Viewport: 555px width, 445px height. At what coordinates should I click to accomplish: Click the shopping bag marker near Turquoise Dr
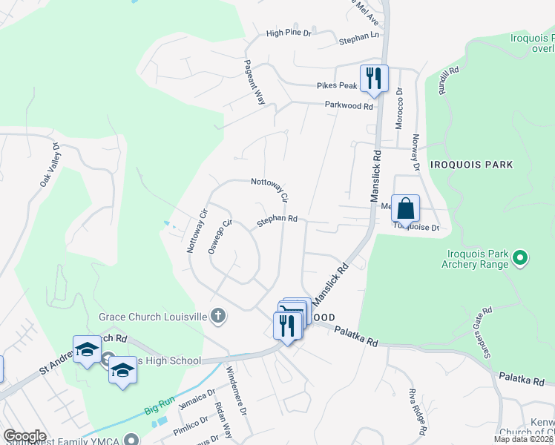click(405, 208)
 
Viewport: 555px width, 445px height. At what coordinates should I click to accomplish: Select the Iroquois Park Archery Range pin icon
click(520, 258)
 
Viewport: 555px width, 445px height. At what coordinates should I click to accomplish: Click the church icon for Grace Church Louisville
click(217, 317)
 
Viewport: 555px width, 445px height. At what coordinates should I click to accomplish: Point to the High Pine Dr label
click(289, 33)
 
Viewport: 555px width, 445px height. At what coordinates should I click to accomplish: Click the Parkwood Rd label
click(348, 106)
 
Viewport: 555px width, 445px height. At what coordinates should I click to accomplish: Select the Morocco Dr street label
click(398, 109)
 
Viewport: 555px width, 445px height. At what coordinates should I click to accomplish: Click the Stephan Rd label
click(277, 220)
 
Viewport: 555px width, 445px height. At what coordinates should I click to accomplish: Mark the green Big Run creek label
click(160, 405)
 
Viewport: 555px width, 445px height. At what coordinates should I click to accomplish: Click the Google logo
click(24, 436)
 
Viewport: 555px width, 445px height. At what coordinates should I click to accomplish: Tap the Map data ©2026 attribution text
click(524, 439)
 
